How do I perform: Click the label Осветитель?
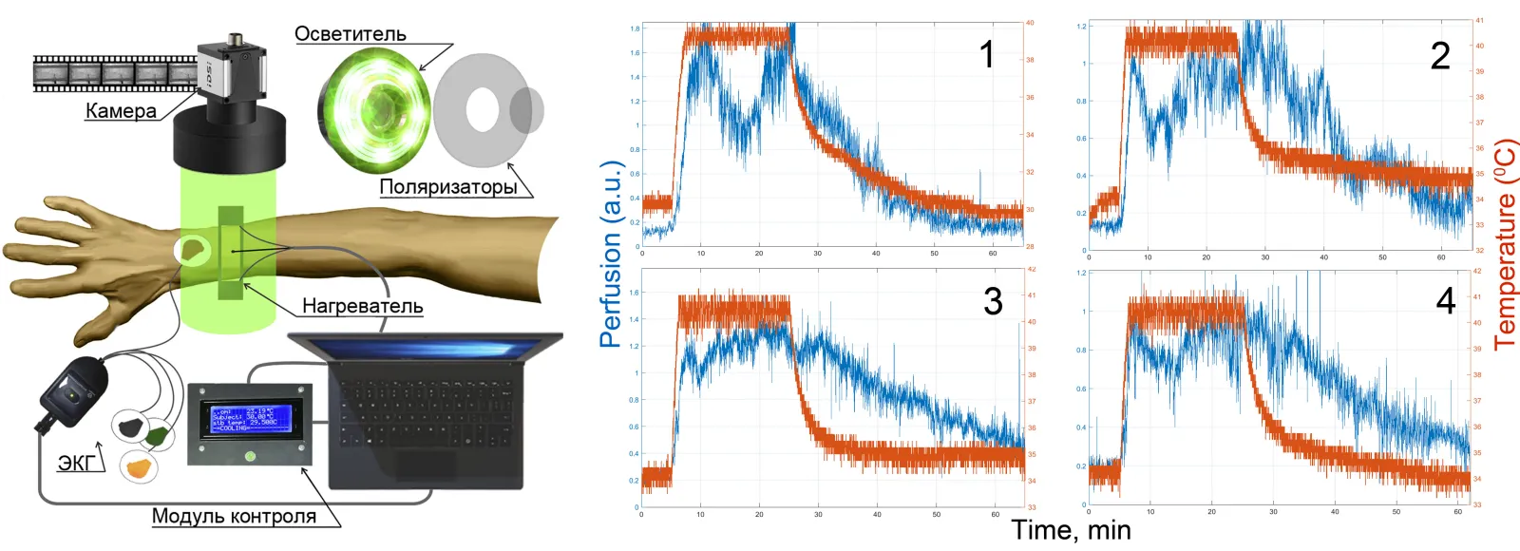tap(350, 34)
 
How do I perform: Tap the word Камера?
tap(121, 110)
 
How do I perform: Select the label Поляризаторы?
tap(448, 186)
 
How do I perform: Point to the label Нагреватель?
tap(362, 306)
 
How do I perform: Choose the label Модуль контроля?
tap(234, 516)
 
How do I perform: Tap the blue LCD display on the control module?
tap(250, 419)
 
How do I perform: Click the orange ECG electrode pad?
tap(140, 466)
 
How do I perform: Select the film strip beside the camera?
tap(114, 73)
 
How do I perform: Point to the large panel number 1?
tap(987, 54)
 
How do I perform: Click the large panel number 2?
tap(1440, 56)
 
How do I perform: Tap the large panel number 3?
tap(993, 302)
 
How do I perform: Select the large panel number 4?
tap(1445, 302)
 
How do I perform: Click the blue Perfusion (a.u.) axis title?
tap(611, 254)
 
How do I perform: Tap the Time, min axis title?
tap(1071, 530)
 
